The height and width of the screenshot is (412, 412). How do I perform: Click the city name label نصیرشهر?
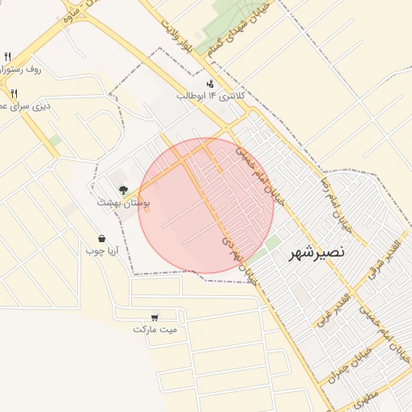318,252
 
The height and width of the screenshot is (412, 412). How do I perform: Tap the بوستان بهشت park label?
124,203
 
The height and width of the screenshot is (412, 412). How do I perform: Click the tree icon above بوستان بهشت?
123,191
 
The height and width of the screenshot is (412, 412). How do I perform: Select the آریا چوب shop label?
102,250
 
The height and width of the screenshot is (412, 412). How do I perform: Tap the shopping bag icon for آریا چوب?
102,238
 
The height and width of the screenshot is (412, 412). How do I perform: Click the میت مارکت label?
154,329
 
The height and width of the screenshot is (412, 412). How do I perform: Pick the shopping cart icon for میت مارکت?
154,317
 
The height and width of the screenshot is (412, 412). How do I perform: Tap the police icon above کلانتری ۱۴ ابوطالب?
211,83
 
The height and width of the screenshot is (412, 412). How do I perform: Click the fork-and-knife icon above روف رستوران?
8,56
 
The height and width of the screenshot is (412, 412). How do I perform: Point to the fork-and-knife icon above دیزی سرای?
14,93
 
